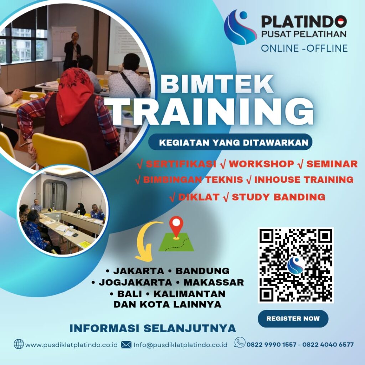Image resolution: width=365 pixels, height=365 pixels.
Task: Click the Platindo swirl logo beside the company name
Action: pos(240,27)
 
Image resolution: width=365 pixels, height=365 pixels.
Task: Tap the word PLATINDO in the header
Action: pos(304,22)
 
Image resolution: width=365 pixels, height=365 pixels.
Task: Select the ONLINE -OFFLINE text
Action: pos(304,48)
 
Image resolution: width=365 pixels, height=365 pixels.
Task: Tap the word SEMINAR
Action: pos(332,164)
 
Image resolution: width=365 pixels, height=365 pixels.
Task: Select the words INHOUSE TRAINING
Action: pos(303,180)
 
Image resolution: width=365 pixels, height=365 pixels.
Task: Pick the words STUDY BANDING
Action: pos(278,197)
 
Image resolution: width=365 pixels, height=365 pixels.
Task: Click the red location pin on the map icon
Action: pos(176,226)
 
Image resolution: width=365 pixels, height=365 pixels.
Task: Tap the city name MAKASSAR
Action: pos(214,283)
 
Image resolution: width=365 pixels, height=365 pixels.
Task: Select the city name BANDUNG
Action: pos(202,271)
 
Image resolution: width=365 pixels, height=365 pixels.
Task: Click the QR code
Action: pos(295,265)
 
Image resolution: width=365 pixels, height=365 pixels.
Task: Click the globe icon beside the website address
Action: pos(19,344)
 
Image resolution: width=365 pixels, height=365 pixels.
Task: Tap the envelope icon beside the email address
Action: pos(126,344)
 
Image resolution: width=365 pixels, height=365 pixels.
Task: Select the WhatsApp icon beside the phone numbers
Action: pos(240,343)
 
